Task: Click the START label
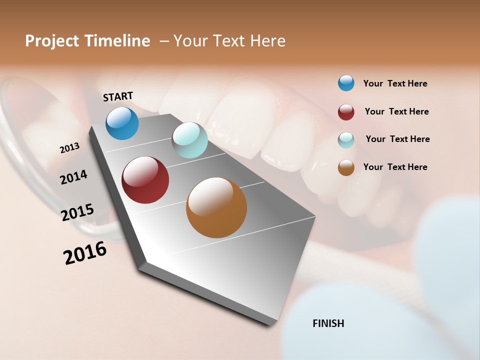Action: coord(118,96)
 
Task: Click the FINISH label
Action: coord(328,323)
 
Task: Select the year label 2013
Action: coord(70,148)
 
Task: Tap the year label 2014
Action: coord(74,177)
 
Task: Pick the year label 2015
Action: coord(77,212)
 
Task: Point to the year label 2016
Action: coord(85,252)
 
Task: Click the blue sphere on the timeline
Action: coord(122,123)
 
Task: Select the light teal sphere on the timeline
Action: coord(189,140)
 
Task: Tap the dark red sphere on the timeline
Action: coord(145,180)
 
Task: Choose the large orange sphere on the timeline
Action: coord(216,207)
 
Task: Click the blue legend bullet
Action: coord(346,83)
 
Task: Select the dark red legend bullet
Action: coord(346,112)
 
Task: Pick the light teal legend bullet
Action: coord(346,140)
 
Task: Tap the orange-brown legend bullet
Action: coord(346,167)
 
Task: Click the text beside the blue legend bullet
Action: coord(395,83)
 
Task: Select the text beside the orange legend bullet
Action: coord(395,167)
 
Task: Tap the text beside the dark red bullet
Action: coord(396,111)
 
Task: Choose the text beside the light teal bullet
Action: coord(397,139)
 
